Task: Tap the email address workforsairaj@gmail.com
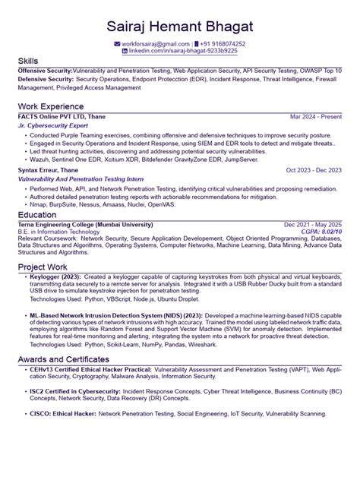[156, 45]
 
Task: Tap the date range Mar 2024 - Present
[316, 118]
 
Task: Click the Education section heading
[37, 216]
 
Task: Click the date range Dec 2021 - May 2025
[313, 225]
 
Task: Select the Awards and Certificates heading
[75, 358]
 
